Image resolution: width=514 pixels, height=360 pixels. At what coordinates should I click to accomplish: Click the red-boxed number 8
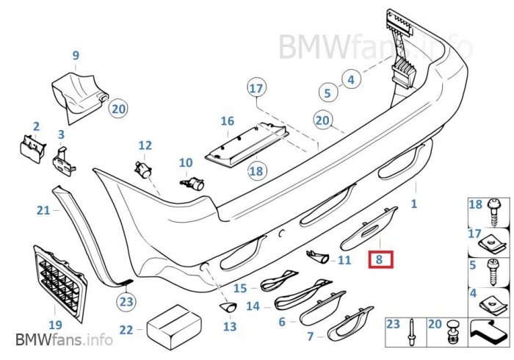click(380, 259)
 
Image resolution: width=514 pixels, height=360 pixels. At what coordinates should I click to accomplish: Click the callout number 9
click(75, 55)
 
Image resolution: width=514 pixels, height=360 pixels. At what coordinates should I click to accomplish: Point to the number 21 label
click(43, 211)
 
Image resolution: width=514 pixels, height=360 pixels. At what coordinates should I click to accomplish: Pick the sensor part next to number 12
click(142, 170)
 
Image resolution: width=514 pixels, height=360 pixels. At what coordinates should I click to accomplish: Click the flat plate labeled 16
click(246, 143)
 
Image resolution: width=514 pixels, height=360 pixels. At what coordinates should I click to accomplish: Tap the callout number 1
click(413, 204)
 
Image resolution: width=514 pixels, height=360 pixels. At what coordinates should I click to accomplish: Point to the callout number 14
click(253, 306)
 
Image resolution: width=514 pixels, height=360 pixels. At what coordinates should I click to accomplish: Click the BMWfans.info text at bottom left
click(64, 339)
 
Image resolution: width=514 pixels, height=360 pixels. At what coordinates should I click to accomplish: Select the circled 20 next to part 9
click(118, 109)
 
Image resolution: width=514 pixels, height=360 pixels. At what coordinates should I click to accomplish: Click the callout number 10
click(186, 162)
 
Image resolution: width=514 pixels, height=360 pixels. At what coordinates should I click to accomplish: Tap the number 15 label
click(240, 289)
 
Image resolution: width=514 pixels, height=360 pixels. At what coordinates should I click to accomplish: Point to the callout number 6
click(282, 322)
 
